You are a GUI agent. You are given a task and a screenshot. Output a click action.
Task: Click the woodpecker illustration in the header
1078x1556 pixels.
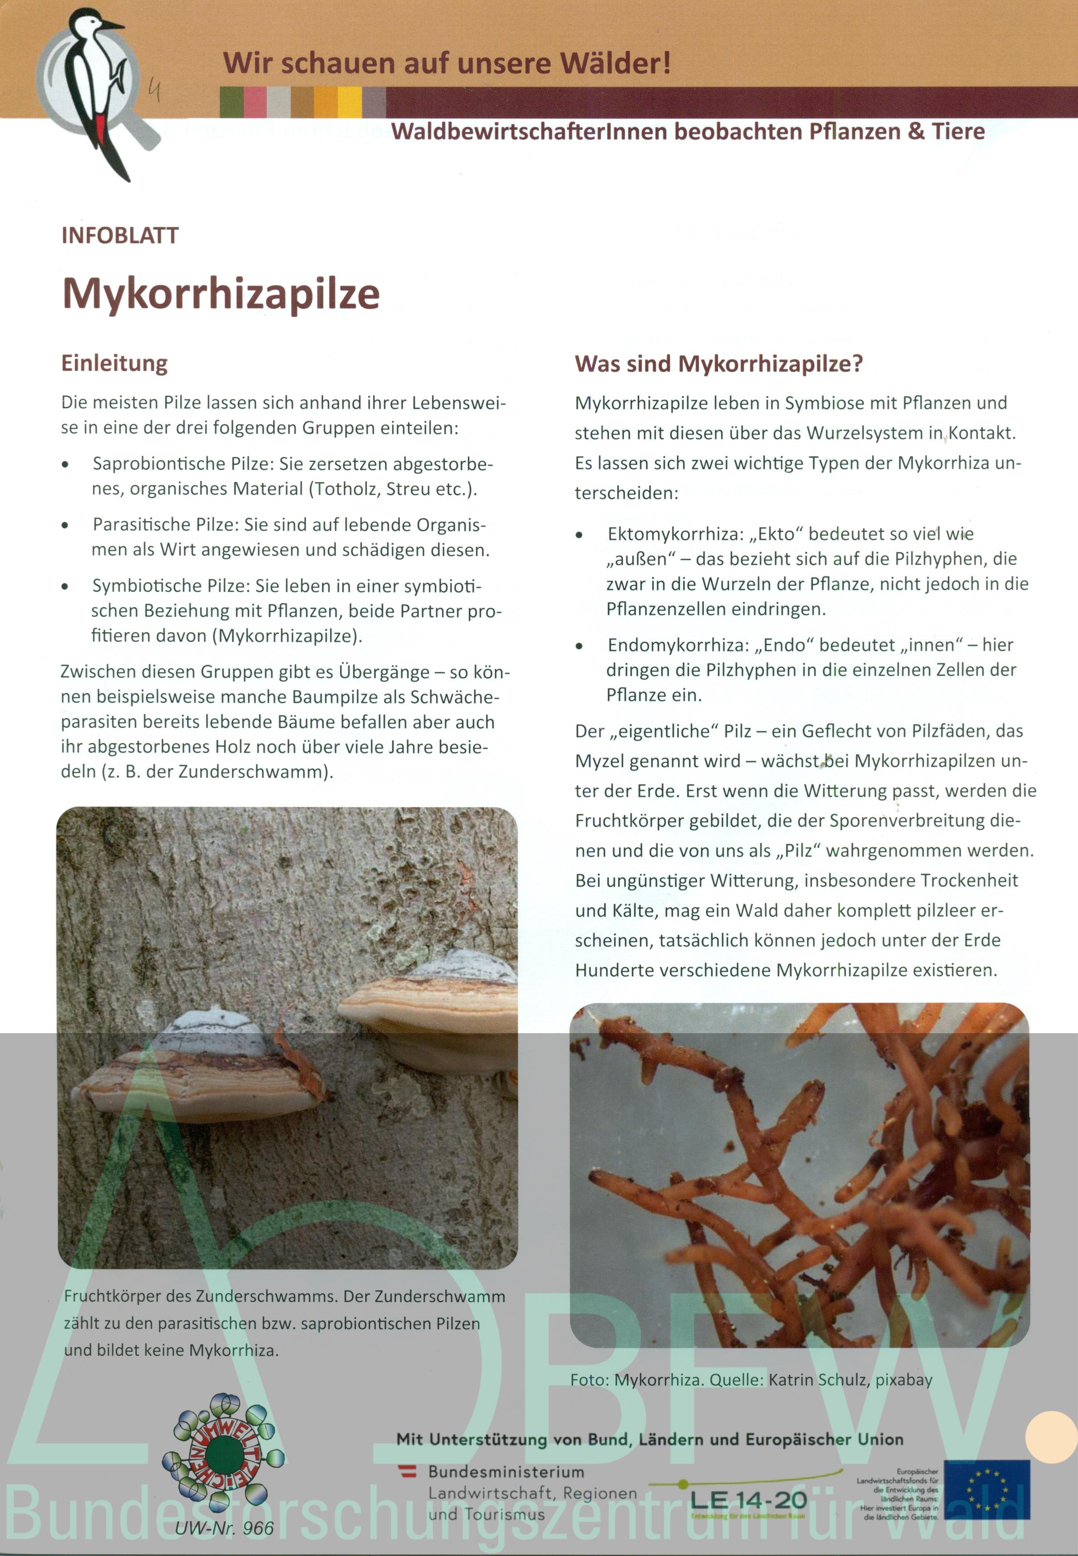click(x=98, y=88)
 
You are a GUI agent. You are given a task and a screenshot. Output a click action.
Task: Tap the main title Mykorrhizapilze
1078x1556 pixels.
click(x=221, y=294)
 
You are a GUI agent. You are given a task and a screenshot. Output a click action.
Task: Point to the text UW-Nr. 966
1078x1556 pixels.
click(x=224, y=1528)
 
